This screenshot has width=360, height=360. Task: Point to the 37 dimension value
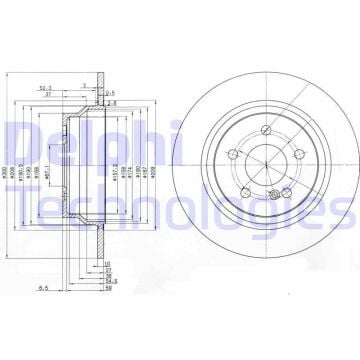(x=49, y=96)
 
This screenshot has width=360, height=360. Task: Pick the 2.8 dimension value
(x=111, y=103)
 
